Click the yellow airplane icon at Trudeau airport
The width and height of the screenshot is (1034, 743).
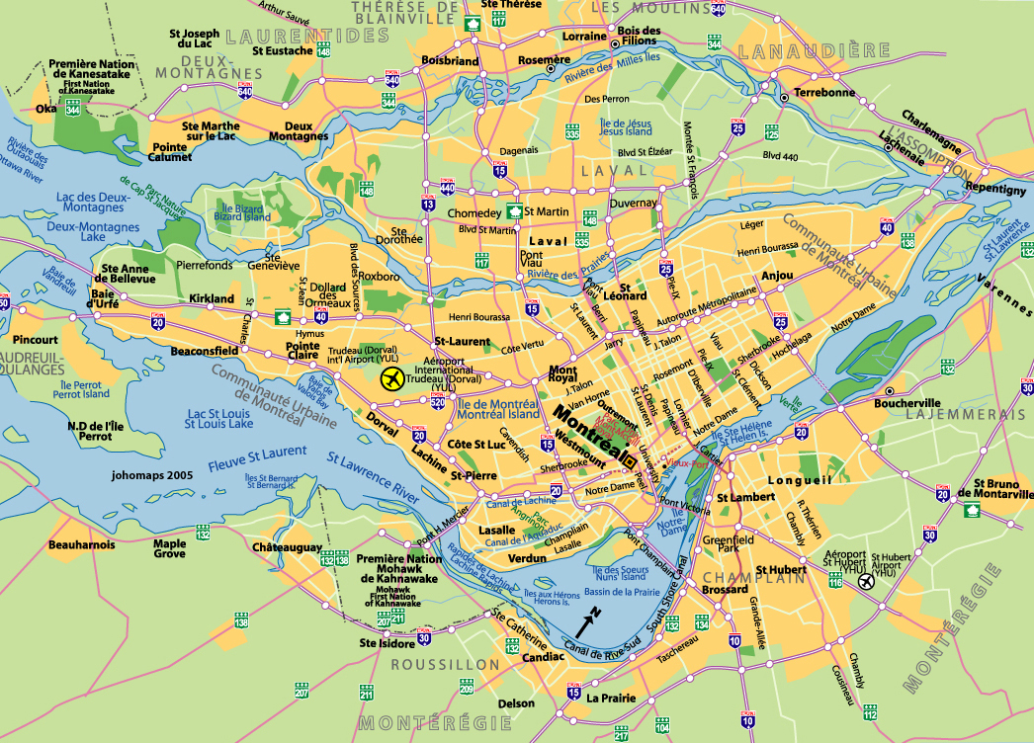click(392, 377)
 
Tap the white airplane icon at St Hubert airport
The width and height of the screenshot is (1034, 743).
click(866, 581)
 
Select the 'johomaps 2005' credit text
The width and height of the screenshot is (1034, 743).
click(152, 475)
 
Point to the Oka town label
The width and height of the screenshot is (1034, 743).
click(45, 110)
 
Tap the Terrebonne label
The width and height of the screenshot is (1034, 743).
click(823, 92)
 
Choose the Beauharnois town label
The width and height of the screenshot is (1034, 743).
click(81, 544)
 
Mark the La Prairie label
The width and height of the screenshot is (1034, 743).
click(609, 698)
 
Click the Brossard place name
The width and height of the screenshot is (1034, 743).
click(725, 590)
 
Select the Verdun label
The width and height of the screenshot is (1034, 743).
click(527, 558)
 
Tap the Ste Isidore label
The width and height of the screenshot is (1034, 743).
click(387, 643)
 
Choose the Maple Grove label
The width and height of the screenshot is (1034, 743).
click(169, 548)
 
